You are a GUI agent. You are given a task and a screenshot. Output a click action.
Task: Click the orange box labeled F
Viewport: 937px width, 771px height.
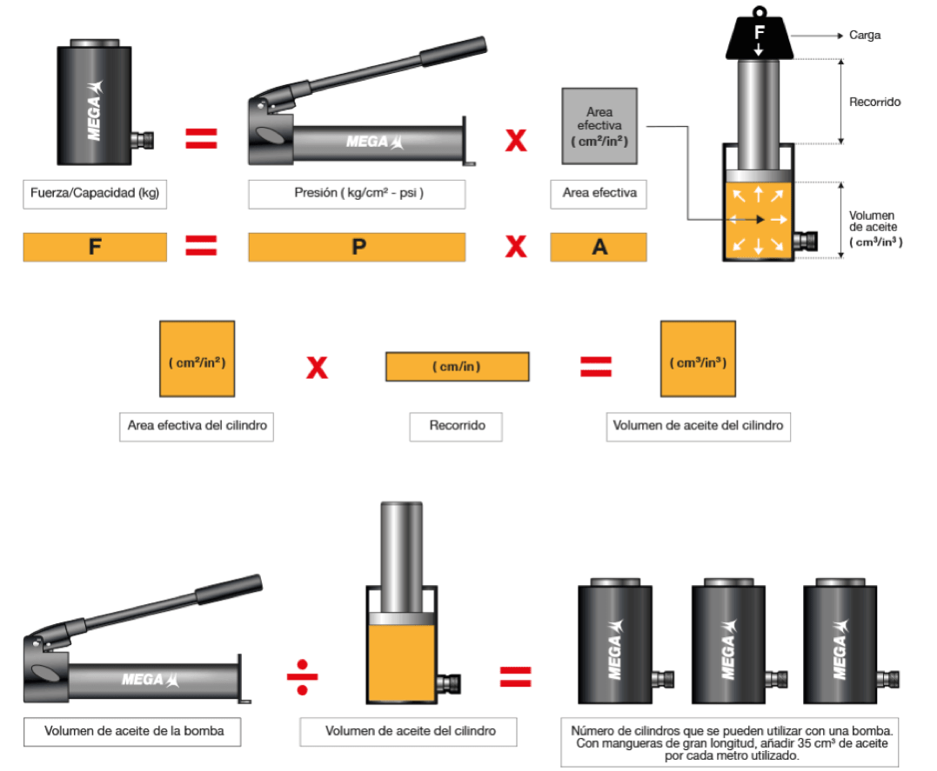[x=95, y=247]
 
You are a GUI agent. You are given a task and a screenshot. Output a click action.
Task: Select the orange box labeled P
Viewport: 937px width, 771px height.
[x=357, y=247]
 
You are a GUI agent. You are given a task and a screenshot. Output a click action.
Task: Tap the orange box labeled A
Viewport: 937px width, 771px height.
[x=599, y=247]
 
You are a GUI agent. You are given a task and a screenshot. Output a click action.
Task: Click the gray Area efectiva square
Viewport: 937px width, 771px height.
[x=599, y=126]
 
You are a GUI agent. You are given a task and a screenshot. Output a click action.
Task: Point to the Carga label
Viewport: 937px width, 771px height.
[x=864, y=36]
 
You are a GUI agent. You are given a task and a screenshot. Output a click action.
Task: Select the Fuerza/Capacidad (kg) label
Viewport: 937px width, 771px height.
[x=94, y=194]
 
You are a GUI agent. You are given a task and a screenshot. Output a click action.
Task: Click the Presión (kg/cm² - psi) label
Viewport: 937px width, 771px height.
[x=357, y=194]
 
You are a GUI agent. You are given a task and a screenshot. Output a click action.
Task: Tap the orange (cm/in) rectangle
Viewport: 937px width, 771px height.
[x=457, y=366]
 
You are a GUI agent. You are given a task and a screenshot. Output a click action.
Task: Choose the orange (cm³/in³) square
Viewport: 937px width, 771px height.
[x=698, y=359]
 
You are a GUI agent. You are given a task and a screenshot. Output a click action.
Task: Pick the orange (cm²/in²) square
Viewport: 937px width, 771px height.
[x=197, y=359]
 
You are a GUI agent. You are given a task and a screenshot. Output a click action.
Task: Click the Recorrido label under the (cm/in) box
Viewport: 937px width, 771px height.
[x=457, y=426]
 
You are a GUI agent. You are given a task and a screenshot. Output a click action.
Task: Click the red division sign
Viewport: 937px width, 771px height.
[x=303, y=676]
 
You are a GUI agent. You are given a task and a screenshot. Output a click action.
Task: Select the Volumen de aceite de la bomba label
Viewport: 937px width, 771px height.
[x=134, y=731]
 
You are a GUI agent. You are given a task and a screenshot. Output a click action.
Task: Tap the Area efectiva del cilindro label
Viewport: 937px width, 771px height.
[x=197, y=426]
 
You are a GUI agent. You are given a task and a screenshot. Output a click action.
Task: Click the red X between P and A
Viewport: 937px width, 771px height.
[x=516, y=247]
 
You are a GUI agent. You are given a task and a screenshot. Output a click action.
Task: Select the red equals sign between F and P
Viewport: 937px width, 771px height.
[x=201, y=247]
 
